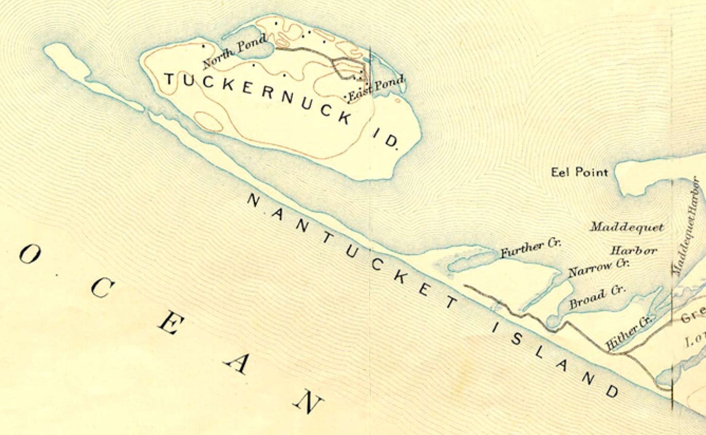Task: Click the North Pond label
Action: (235, 52)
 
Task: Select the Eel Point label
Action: (579, 172)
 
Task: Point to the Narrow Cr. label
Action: (598, 268)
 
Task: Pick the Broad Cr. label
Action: (597, 297)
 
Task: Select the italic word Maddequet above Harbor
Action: (627, 227)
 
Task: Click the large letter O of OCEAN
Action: (30, 255)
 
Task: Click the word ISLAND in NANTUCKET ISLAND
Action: (555, 359)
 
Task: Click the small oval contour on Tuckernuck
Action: (209, 121)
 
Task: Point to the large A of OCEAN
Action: (236, 365)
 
